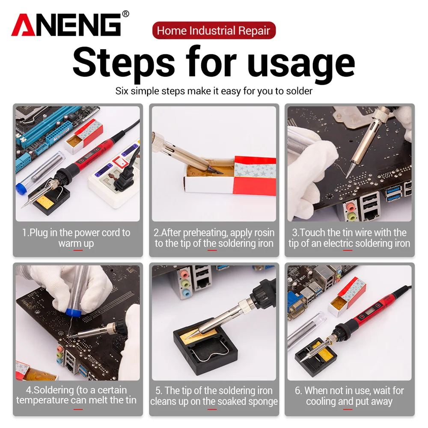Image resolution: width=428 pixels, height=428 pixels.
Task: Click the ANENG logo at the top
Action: [x=66, y=25]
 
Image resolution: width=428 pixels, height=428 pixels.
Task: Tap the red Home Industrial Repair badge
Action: [x=214, y=30]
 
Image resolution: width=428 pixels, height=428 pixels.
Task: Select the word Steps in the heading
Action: [x=124, y=63]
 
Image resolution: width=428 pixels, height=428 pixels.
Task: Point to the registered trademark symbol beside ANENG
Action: [x=125, y=14]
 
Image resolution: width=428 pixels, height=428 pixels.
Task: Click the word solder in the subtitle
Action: [x=299, y=91]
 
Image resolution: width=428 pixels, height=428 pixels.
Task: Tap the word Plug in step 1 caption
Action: [x=38, y=233]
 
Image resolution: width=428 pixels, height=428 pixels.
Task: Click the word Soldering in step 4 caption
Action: [x=53, y=390]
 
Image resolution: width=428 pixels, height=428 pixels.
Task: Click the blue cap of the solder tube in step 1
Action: [x=21, y=189]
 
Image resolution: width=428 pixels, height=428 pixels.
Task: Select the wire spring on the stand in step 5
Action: [x=208, y=355]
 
